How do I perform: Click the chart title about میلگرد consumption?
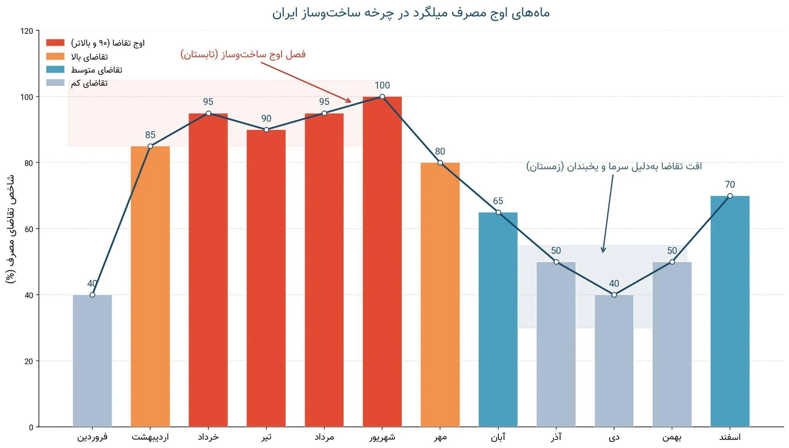[411, 13]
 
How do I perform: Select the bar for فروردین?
[92, 361]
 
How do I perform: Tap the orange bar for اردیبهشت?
[150, 286]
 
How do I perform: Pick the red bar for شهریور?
[382, 262]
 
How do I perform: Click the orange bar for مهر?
[440, 295]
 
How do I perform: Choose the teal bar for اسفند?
[730, 311]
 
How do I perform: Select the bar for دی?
[614, 361]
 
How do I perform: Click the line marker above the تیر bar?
[266, 130]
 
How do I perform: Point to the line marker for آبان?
[498, 212]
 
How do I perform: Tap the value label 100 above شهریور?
[382, 85]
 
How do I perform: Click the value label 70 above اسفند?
[730, 185]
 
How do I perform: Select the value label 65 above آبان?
[498, 201]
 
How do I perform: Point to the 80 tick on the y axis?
[29, 163]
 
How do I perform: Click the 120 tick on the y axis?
[27, 31]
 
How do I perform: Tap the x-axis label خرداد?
[208, 437]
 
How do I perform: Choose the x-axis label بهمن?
[672, 437]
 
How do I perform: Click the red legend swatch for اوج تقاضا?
[55, 43]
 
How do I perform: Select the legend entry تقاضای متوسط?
[84, 70]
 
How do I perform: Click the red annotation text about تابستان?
[243, 54]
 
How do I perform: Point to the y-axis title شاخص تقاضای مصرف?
[11, 229]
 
